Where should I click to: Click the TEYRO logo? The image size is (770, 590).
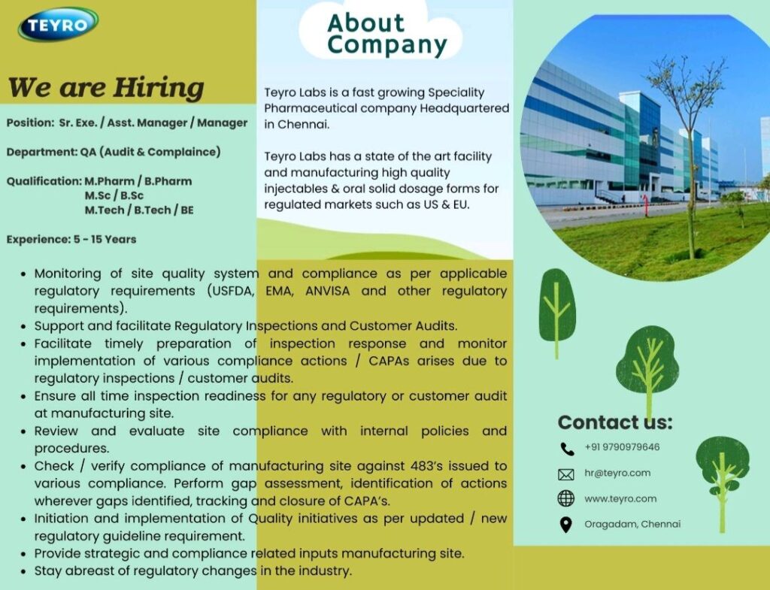[58, 25]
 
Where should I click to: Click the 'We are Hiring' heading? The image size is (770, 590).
[106, 87]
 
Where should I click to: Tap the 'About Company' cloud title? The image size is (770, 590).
[387, 35]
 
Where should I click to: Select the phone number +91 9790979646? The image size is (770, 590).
[622, 447]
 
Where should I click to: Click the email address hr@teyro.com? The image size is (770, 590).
[617, 473]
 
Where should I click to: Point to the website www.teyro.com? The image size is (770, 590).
[620, 498]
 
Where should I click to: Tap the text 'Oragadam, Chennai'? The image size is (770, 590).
[632, 524]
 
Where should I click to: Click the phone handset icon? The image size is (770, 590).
[567, 449]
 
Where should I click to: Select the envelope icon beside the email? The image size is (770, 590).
[566, 474]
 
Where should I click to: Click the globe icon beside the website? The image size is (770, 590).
[566, 498]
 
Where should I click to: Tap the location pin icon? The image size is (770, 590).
[566, 525]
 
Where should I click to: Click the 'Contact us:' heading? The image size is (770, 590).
[614, 422]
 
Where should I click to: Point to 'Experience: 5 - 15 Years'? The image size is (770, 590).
[71, 239]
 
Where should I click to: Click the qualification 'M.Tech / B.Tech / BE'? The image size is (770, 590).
[139, 210]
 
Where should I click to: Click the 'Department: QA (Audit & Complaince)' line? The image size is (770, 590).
[114, 152]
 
